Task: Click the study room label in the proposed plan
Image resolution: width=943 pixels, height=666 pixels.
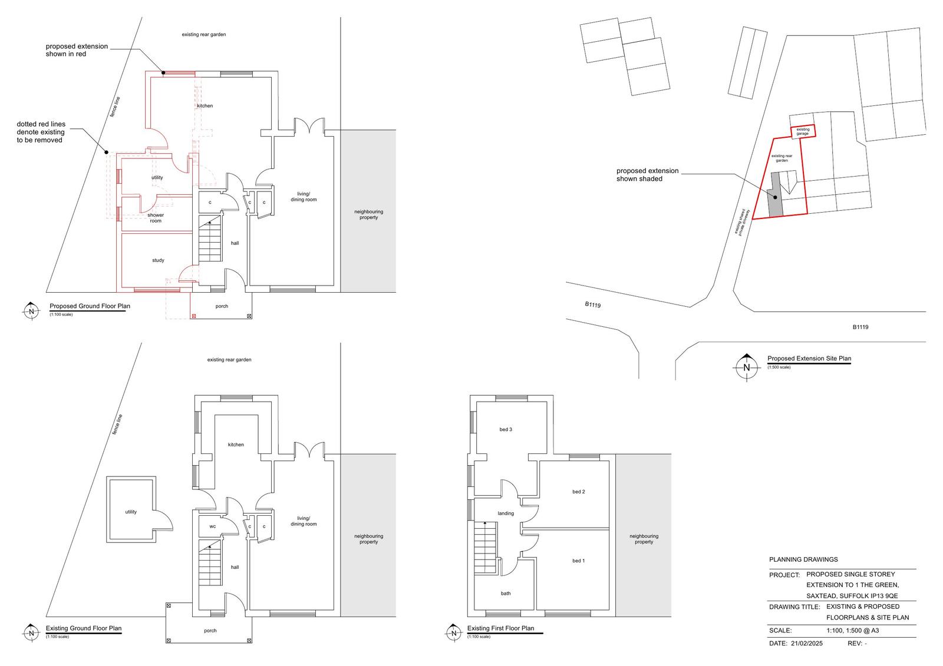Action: (158, 260)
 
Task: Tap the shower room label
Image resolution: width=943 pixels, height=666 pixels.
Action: (156, 218)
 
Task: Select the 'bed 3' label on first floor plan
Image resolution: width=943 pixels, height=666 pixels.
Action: (506, 429)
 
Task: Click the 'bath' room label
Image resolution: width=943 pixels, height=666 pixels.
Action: (506, 593)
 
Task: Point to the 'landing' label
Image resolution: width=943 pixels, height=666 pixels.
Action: (506, 513)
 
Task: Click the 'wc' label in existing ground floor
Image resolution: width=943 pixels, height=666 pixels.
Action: (212, 526)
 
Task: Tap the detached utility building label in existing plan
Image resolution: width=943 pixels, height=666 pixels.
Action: (131, 512)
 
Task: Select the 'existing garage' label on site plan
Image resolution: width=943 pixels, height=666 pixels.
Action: (803, 131)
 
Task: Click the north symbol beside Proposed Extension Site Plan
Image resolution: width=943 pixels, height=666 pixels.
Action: (747, 367)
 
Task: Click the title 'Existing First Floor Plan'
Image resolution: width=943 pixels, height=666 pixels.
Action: (500, 628)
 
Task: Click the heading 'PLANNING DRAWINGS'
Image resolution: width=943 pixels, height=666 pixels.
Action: (803, 559)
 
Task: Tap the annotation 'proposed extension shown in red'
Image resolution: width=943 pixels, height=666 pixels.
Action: (77, 50)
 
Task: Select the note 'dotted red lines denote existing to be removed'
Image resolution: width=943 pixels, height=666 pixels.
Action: (41, 132)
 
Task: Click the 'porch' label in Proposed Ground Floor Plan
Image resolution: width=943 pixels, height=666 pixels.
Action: (222, 306)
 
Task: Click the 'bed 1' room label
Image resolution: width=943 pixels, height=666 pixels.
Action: (578, 561)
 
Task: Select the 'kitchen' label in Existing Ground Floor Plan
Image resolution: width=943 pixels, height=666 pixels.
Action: (236, 445)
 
